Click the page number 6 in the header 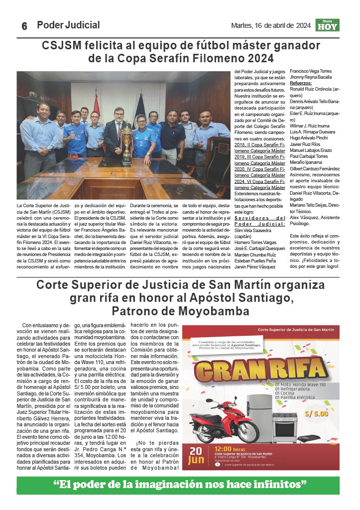pos(24,26)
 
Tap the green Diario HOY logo pos(327,25)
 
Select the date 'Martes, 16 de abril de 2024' pos(271,25)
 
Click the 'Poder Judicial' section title pos(68,25)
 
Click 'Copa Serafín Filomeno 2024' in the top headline pos(181,58)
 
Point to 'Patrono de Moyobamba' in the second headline pos(180,311)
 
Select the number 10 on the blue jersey pos(72,136)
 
